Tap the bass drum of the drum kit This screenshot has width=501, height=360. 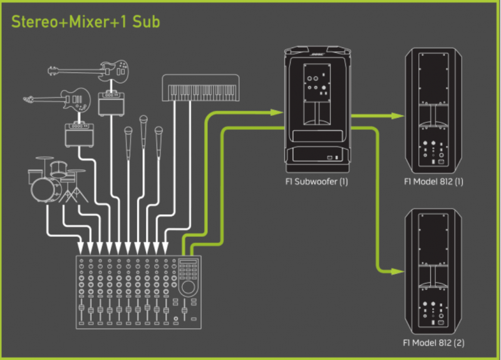42,188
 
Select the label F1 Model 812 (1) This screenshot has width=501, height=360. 435,182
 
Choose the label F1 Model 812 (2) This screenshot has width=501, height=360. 435,343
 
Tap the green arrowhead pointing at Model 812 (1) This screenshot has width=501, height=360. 395,116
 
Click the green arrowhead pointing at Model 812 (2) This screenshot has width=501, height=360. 395,271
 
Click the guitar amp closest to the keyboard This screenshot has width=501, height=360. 112,104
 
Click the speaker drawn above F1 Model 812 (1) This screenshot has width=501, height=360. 435,110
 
